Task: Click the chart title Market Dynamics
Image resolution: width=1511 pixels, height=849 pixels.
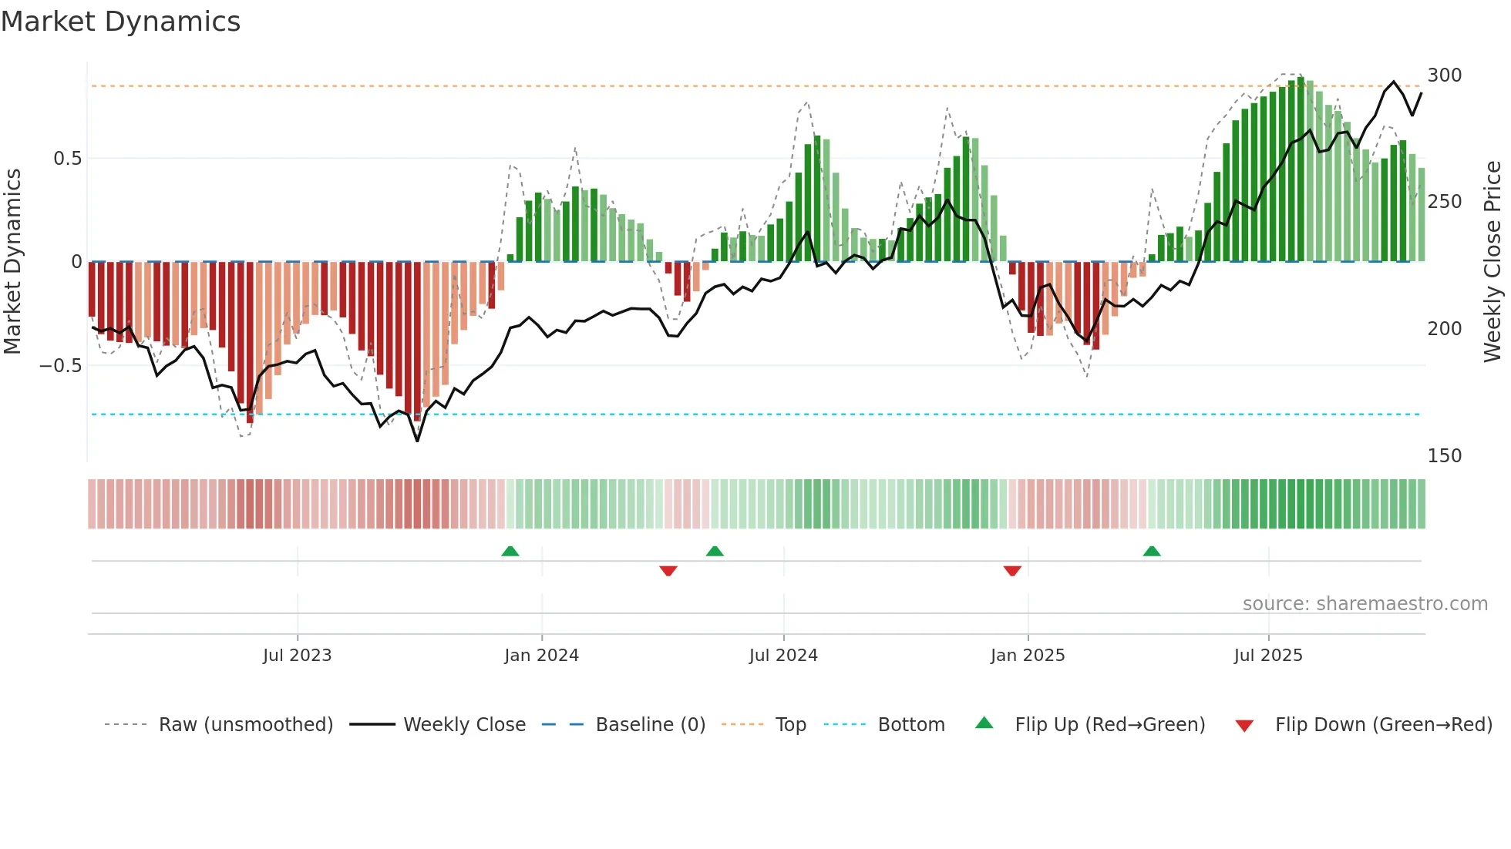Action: (x=121, y=22)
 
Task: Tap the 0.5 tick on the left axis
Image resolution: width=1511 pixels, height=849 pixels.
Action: (x=67, y=159)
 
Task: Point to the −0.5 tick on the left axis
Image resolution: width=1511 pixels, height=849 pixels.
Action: (x=61, y=366)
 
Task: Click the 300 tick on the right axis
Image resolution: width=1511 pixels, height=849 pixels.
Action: (x=1444, y=76)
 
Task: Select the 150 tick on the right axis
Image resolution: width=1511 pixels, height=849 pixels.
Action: (x=1444, y=456)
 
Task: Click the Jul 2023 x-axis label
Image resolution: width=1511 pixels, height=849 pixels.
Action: (x=297, y=656)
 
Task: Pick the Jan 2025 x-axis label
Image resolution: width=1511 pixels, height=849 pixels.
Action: (x=1027, y=656)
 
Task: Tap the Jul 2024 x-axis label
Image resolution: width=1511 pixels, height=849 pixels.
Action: (x=782, y=656)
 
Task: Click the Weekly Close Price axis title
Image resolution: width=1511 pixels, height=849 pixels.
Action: (x=1492, y=262)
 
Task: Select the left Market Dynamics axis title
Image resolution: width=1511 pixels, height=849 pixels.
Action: (x=12, y=262)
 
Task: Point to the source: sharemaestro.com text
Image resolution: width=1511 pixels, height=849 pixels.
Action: (x=1365, y=604)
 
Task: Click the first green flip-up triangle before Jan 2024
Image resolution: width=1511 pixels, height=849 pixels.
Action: (x=510, y=552)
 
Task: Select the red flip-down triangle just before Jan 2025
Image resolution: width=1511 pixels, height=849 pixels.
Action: (x=1012, y=571)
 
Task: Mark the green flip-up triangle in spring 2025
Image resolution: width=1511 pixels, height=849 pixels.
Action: (x=1151, y=552)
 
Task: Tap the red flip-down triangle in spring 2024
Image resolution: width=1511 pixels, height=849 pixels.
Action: (x=668, y=571)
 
